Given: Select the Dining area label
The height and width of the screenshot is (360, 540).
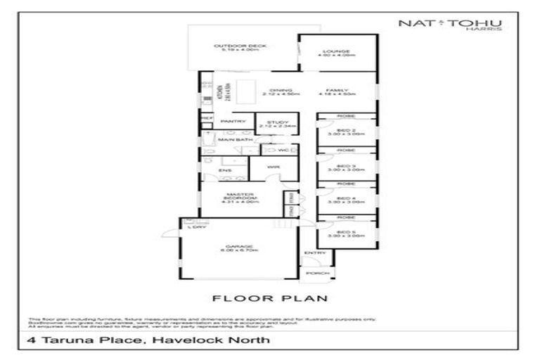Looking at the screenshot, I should pyautogui.click(x=276, y=91).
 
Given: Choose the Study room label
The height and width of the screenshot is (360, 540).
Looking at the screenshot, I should pyautogui.click(x=273, y=122).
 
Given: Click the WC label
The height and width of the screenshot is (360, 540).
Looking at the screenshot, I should pyautogui.click(x=283, y=150).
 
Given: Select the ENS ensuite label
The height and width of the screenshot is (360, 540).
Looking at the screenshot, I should pyautogui.click(x=225, y=170).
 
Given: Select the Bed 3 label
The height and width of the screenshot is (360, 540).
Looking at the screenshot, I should pyautogui.click(x=347, y=166).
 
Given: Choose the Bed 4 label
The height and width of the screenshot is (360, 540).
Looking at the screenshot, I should pyautogui.click(x=347, y=200).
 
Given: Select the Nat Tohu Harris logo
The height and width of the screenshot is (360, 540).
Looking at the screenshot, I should pyautogui.click(x=450, y=25).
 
